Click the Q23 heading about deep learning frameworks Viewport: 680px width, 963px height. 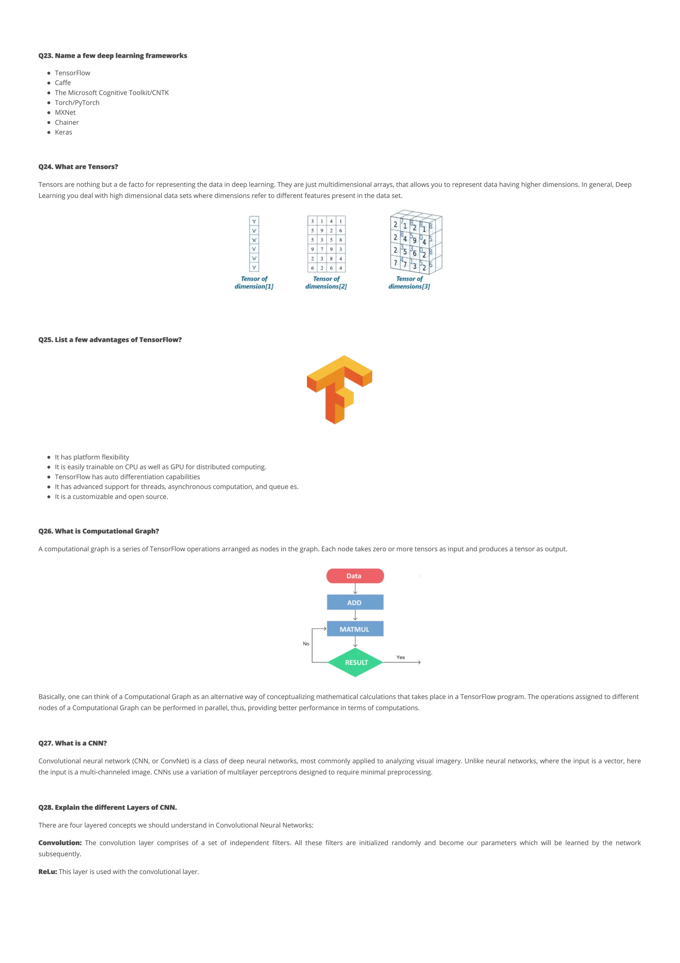113,56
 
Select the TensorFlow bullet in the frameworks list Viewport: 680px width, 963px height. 72,73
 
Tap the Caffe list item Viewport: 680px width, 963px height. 63,83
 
